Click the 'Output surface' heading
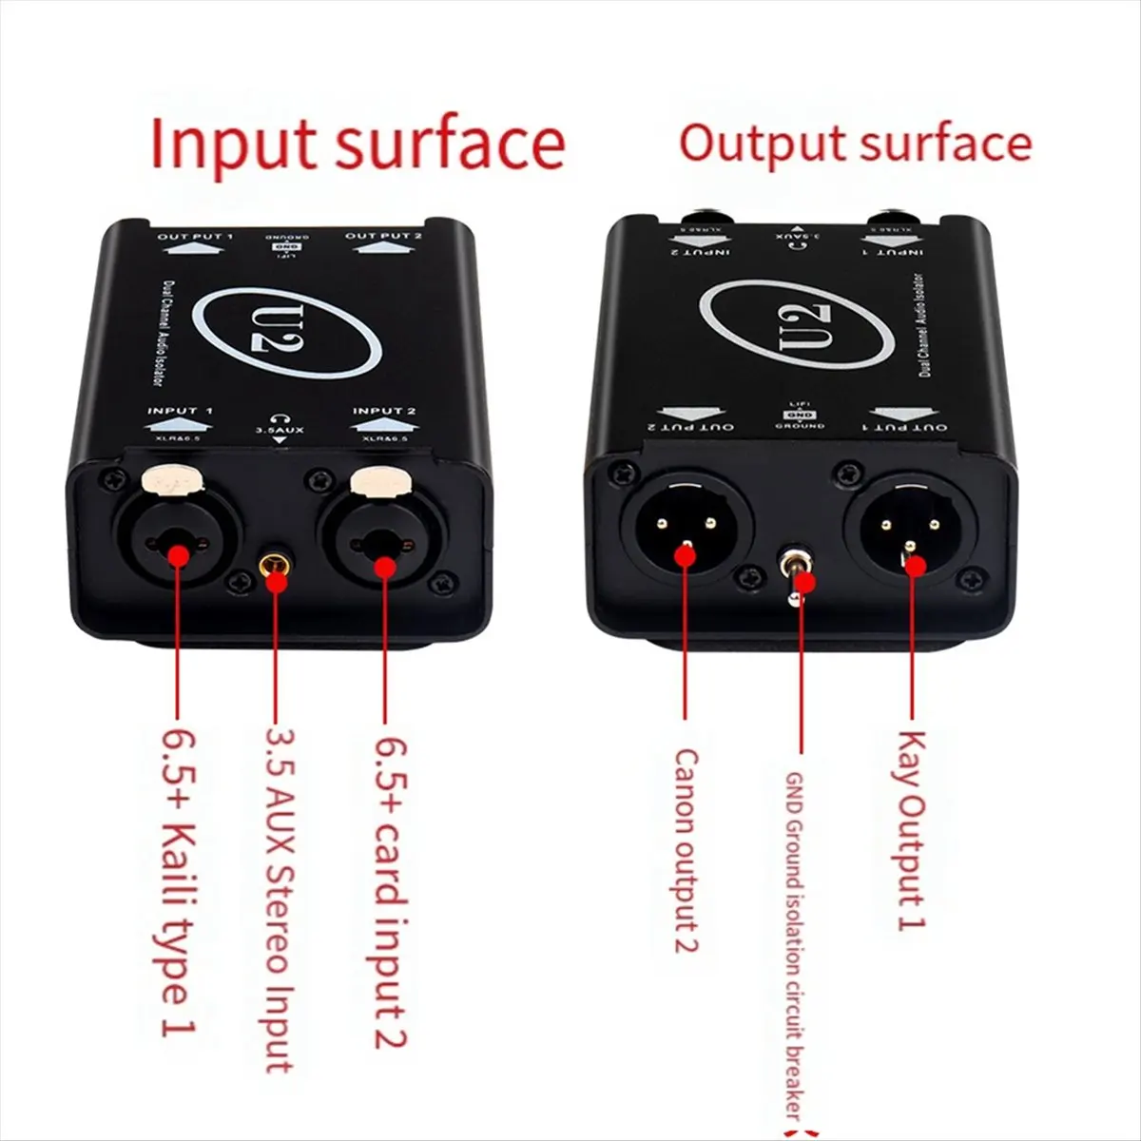pyautogui.click(x=855, y=144)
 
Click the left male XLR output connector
pyautogui.click(x=687, y=529)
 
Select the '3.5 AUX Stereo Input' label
pyautogui.click(x=278, y=899)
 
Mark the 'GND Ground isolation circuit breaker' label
pyautogui.click(x=797, y=946)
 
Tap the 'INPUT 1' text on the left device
pyautogui.click(x=180, y=411)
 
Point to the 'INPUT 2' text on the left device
pyautogui.click(x=384, y=411)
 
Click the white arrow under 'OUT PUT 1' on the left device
pyautogui.click(x=193, y=249)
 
